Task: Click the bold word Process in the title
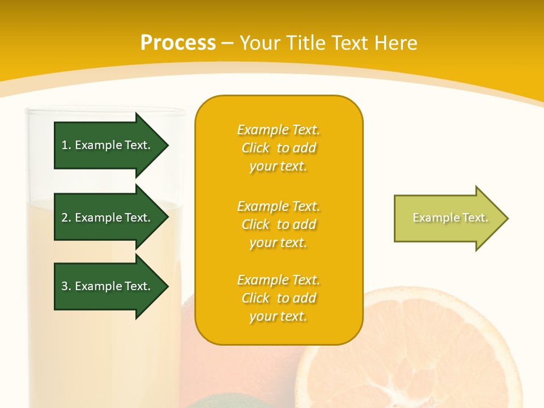click(178, 43)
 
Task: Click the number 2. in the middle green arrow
click(66, 218)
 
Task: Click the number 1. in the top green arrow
click(66, 145)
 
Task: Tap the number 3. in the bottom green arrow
click(66, 286)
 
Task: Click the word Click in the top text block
click(256, 148)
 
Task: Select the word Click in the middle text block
click(256, 224)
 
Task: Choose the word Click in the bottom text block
click(256, 298)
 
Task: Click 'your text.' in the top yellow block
click(278, 166)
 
